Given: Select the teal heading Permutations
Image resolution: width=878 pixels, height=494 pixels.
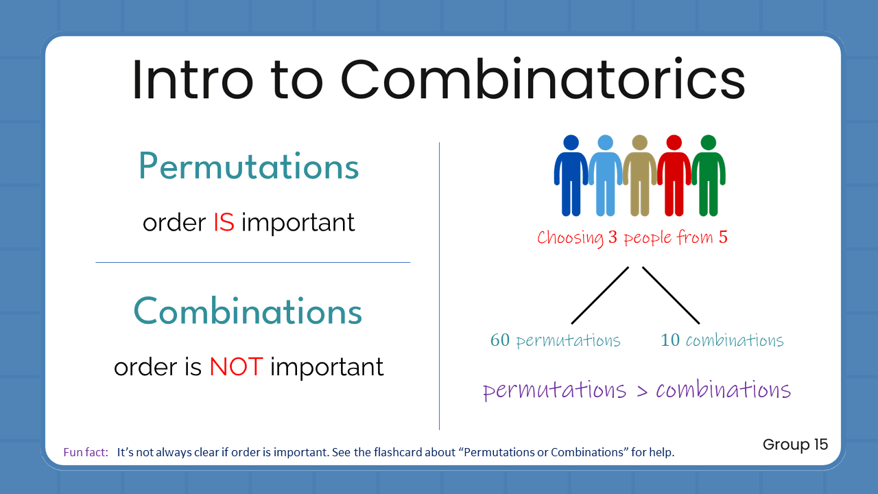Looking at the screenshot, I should [248, 167].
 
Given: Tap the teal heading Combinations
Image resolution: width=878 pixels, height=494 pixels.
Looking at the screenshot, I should [248, 311].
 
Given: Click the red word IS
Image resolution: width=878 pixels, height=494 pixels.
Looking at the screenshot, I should [224, 222].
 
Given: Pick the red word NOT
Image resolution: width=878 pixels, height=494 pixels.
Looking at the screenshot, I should [236, 367].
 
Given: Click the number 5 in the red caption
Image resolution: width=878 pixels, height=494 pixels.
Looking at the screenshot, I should [722, 238].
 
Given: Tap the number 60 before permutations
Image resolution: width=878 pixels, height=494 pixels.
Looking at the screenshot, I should [500, 340].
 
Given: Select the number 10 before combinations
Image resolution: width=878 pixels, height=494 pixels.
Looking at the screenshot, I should [669, 340].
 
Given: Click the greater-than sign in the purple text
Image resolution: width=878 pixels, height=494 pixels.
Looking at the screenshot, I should [641, 390].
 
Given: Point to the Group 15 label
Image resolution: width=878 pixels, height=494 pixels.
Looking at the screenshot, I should [795, 445].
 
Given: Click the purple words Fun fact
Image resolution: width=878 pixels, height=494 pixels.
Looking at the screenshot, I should [86, 453].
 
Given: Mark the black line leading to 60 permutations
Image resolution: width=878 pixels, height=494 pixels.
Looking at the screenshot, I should [600, 295].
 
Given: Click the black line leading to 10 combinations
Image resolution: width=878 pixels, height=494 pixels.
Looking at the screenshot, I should [671, 295].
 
